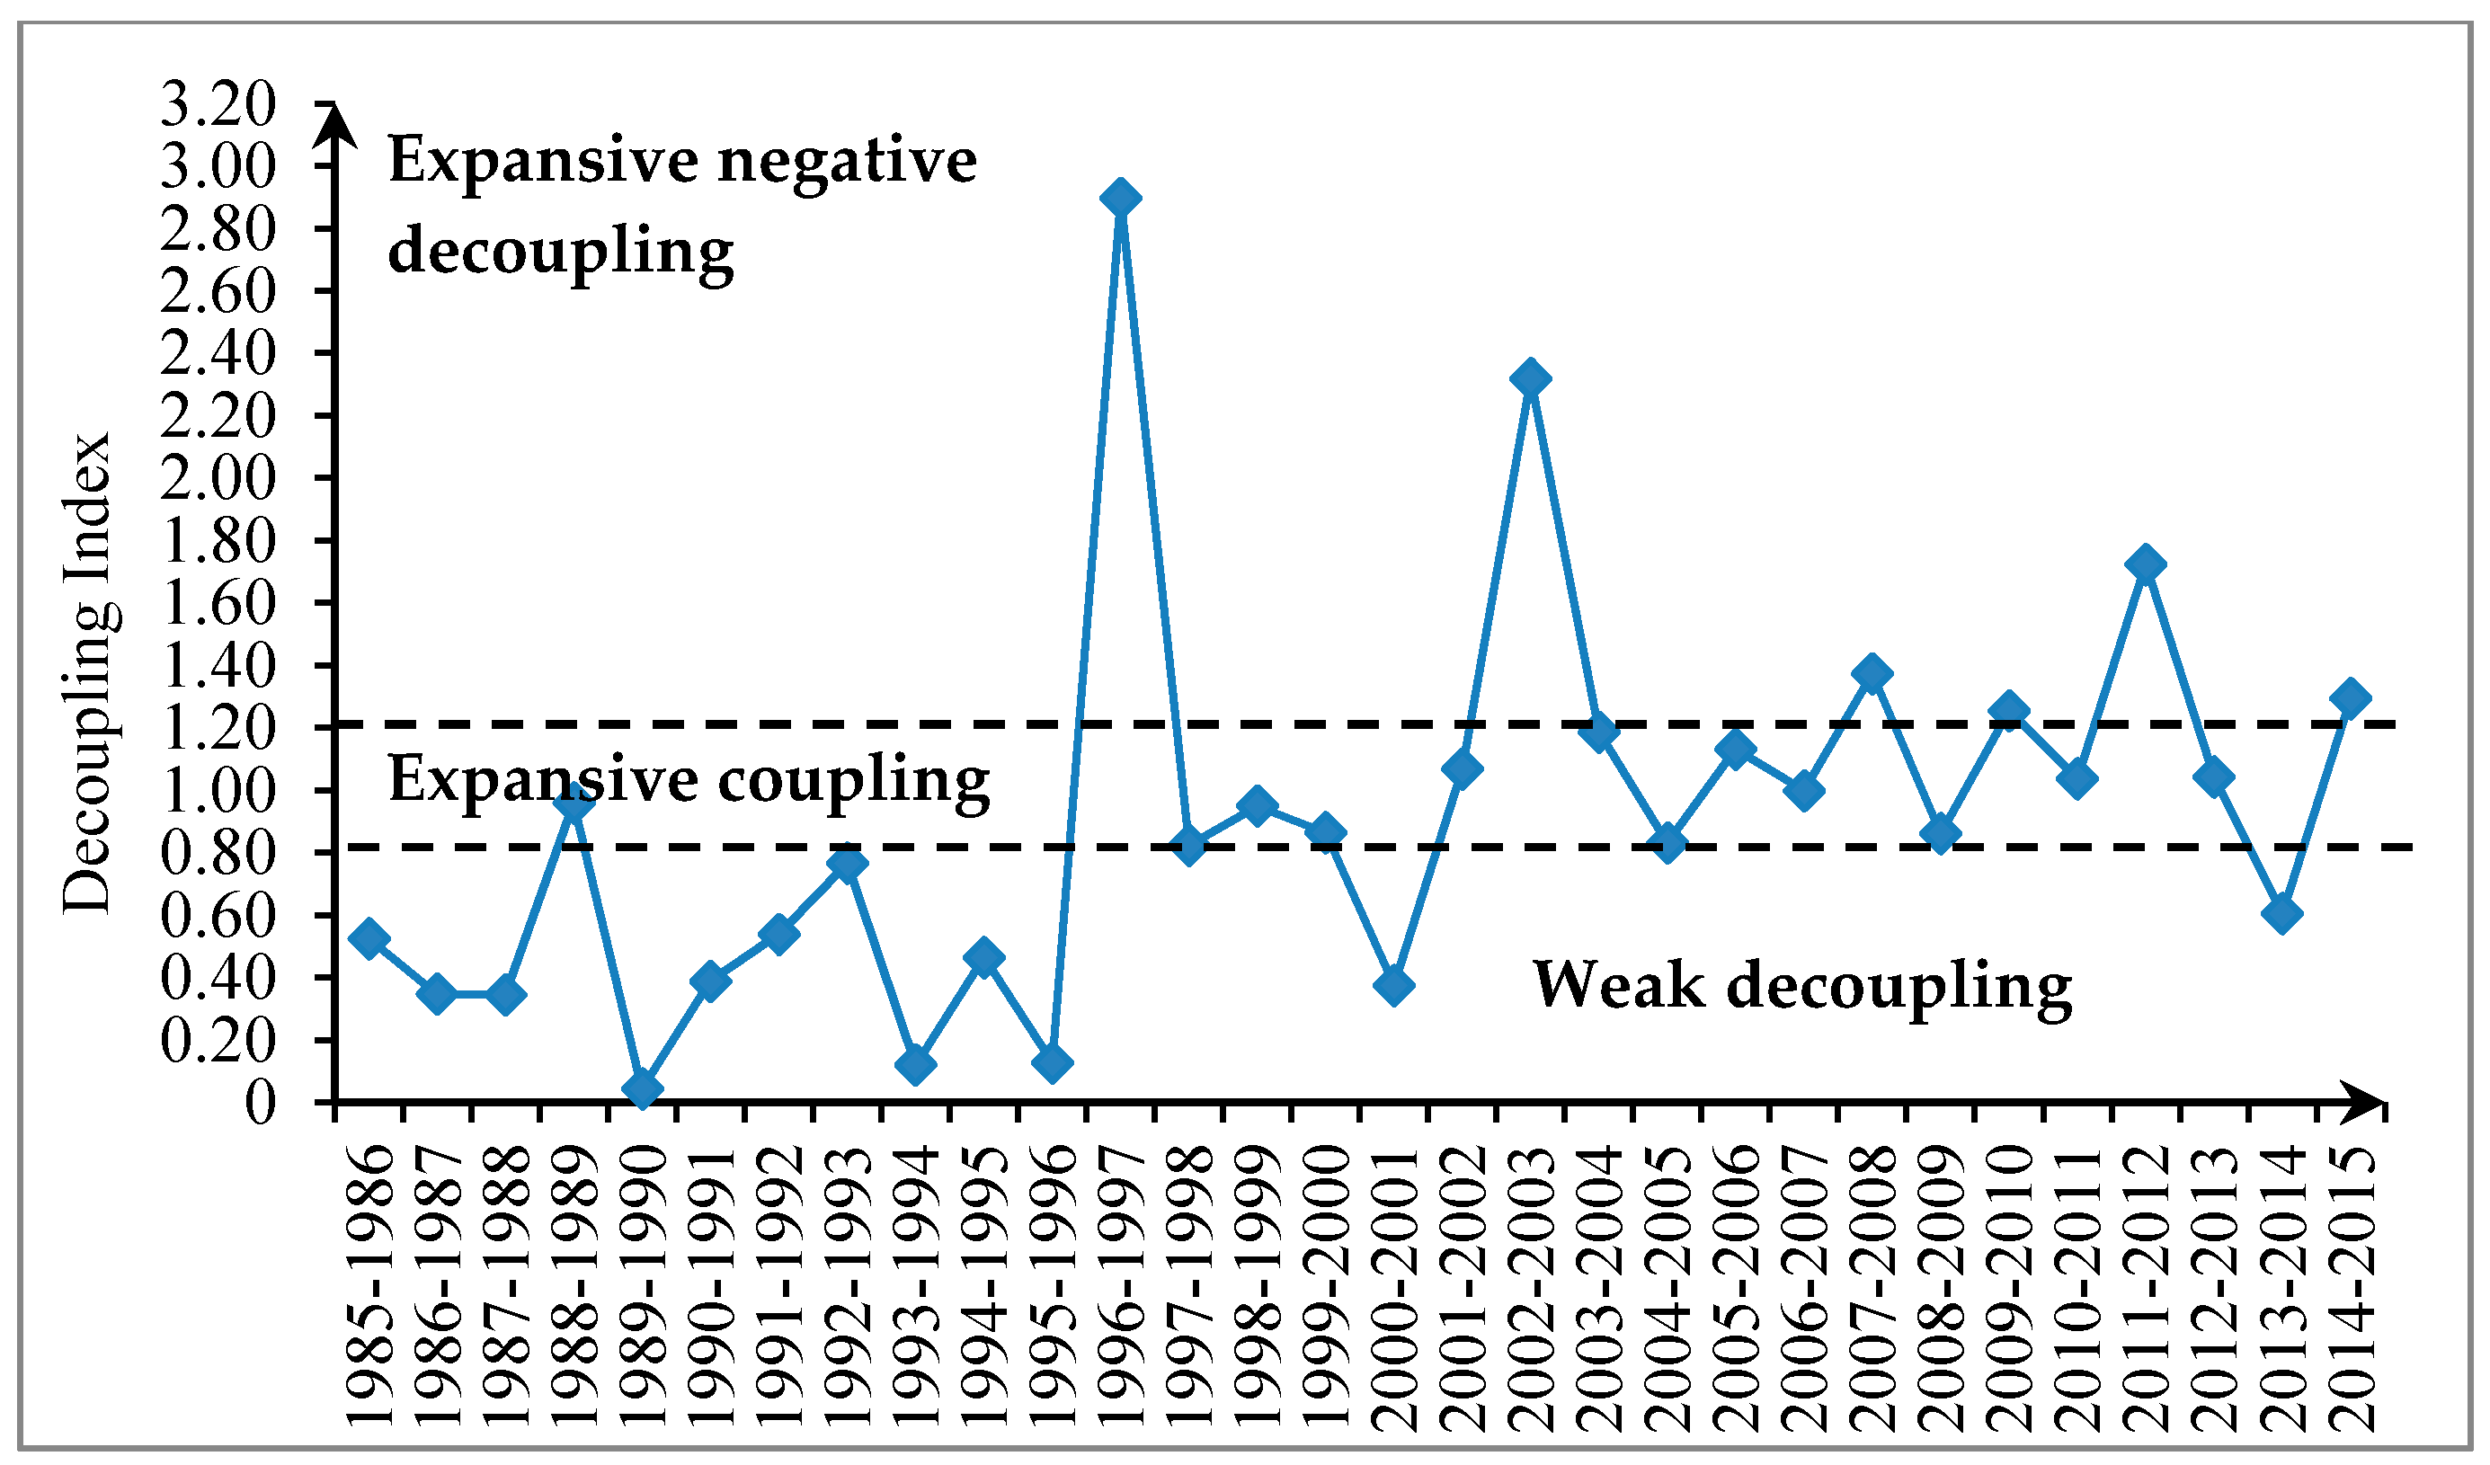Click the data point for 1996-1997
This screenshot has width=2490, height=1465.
(x=1120, y=199)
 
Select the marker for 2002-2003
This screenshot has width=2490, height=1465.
(x=1531, y=379)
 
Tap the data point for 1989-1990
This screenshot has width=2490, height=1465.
(x=642, y=1089)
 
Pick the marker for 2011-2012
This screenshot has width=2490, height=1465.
(x=2145, y=565)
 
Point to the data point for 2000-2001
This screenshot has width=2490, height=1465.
(x=1393, y=985)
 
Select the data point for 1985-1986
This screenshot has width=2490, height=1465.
(x=369, y=938)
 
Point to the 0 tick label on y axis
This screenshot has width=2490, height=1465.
(x=260, y=1104)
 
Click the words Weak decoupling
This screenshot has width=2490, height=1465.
(x=1801, y=985)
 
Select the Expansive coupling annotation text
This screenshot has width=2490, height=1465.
(x=689, y=779)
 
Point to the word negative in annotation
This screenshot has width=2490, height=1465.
(x=847, y=161)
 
